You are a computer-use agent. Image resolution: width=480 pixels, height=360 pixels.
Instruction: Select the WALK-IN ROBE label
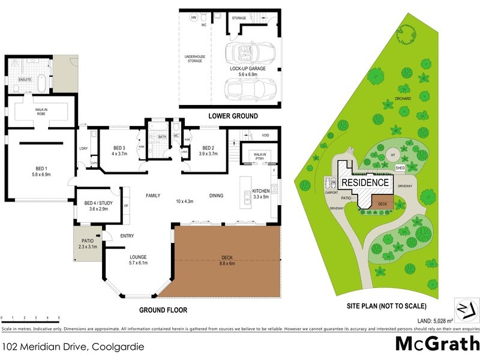pos(41,111)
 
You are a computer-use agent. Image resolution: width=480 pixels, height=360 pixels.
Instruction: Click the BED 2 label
pos(209,148)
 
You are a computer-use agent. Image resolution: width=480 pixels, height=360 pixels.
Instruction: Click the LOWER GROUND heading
pos(233,116)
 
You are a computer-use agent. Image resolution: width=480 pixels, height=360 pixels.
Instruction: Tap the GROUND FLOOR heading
pos(163,310)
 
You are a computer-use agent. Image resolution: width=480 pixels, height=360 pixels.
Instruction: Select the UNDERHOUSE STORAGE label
pos(194,59)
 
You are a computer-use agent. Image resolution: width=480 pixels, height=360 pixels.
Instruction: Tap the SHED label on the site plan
pos(400,168)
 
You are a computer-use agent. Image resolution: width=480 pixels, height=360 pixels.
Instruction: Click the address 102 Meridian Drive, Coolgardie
pos(73,346)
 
